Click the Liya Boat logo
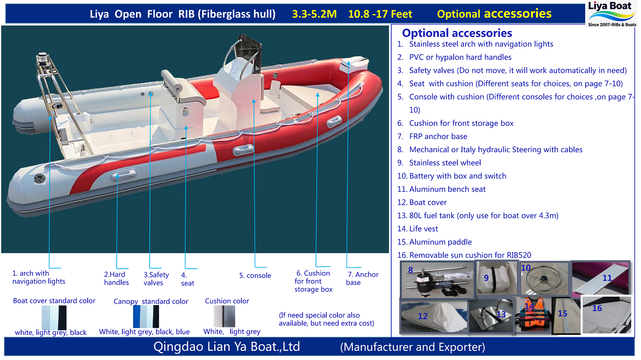pyautogui.click(x=611, y=14)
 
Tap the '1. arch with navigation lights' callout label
pyautogui.click(x=38, y=277)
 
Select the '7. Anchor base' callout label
pyautogui.click(x=362, y=279)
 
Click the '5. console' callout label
pyautogui.click(x=255, y=276)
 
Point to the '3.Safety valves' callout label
pyautogui.click(x=156, y=279)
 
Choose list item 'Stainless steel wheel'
pyautogui.click(x=445, y=163)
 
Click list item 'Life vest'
pyautogui.click(x=423, y=229)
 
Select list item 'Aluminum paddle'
pyautogui.click(x=440, y=242)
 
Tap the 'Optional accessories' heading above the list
pyautogui.click(x=457, y=33)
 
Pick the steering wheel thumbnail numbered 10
pyautogui.click(x=544, y=278)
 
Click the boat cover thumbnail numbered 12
pyautogui.click(x=433, y=316)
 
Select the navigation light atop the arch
pyautogui.click(x=43, y=59)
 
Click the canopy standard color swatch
pyautogui.click(x=146, y=317)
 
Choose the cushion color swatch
pyautogui.click(x=224, y=317)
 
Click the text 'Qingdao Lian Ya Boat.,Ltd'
pyautogui.click(x=227, y=347)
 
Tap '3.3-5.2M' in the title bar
pyautogui.click(x=314, y=14)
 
